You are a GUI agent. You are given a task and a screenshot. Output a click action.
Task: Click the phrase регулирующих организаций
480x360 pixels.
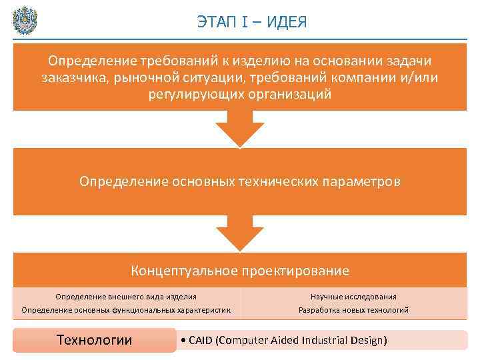tap(240, 95)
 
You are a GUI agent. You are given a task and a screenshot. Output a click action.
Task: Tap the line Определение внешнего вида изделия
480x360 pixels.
tap(126, 297)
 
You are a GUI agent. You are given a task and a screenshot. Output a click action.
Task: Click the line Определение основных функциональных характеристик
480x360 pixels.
tap(126, 309)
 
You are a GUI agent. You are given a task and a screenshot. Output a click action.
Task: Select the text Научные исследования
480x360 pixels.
tap(353, 297)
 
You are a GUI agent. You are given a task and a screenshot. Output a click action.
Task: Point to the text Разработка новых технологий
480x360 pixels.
tap(353, 309)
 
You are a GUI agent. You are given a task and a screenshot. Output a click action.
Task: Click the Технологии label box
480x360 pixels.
tap(95, 340)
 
